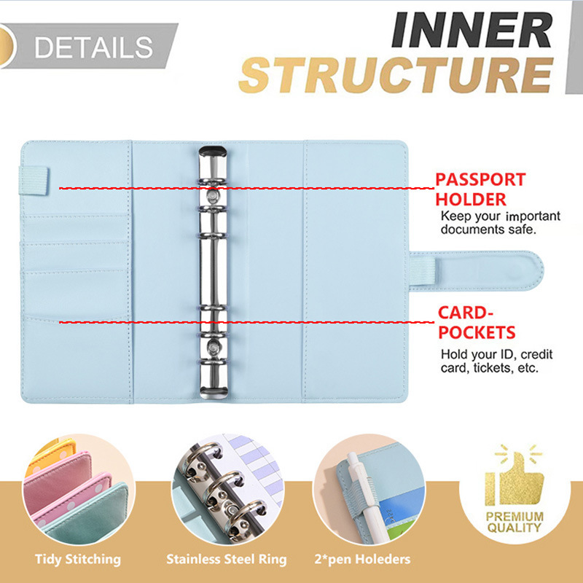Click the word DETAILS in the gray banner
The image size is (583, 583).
(93, 47)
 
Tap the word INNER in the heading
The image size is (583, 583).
(472, 30)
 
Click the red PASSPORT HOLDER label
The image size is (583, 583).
(480, 189)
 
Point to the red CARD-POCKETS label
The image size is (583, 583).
(477, 322)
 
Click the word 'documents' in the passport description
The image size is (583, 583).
(472, 229)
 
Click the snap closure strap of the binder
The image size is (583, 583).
(477, 270)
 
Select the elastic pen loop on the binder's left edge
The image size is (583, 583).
(34, 181)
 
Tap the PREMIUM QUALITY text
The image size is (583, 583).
(514, 522)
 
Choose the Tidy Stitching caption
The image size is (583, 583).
(78, 559)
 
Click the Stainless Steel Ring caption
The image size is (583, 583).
(227, 559)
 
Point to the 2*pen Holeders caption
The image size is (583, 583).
(362, 559)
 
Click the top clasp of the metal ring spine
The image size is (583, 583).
(213, 152)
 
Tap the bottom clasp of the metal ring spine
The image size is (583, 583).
(214, 392)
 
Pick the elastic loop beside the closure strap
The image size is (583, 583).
(423, 270)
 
